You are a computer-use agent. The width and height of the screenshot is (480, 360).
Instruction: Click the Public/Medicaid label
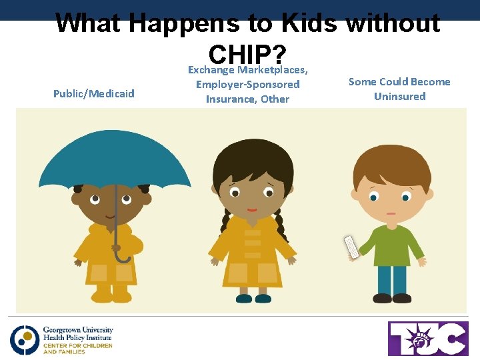pyautogui.click(x=93, y=94)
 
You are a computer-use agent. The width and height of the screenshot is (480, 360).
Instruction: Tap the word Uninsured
pyautogui.click(x=399, y=97)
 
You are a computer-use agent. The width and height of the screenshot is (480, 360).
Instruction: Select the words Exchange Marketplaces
pyautogui.click(x=247, y=70)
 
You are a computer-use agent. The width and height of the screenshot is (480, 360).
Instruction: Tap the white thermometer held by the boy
pyautogui.click(x=351, y=247)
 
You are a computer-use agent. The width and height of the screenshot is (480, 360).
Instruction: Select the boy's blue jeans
pyautogui.click(x=392, y=279)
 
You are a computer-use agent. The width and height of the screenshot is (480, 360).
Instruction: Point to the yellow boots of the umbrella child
pyautogui.click(x=111, y=293)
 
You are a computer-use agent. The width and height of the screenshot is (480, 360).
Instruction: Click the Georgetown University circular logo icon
pyautogui.click(x=25, y=339)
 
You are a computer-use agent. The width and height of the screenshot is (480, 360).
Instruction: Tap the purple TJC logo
pyautogui.click(x=428, y=339)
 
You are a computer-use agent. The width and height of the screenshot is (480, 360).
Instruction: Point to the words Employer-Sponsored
pyautogui.click(x=247, y=85)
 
